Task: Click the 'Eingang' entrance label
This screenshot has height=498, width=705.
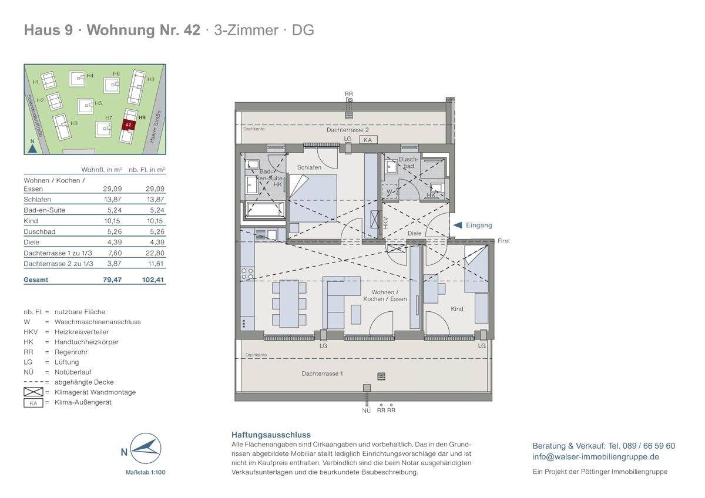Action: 479,225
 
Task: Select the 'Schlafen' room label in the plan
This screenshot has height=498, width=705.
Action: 309,167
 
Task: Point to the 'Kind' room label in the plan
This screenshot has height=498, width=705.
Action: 456,309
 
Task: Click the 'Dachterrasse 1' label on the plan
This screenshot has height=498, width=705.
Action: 322,373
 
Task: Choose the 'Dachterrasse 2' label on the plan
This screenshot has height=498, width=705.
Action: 348,130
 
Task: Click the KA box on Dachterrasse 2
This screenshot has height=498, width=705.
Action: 368,140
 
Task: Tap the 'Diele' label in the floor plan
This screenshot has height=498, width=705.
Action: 415,233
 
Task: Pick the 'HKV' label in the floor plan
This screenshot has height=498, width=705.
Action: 386,223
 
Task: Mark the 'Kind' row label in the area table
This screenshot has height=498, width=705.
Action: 31,221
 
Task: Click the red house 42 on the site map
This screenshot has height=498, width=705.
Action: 127,124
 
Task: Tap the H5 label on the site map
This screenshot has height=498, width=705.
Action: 98,103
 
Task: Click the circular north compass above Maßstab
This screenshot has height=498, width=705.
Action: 144,450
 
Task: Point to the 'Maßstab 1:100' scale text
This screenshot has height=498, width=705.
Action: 145,472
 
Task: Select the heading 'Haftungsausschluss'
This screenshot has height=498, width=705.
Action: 271,435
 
